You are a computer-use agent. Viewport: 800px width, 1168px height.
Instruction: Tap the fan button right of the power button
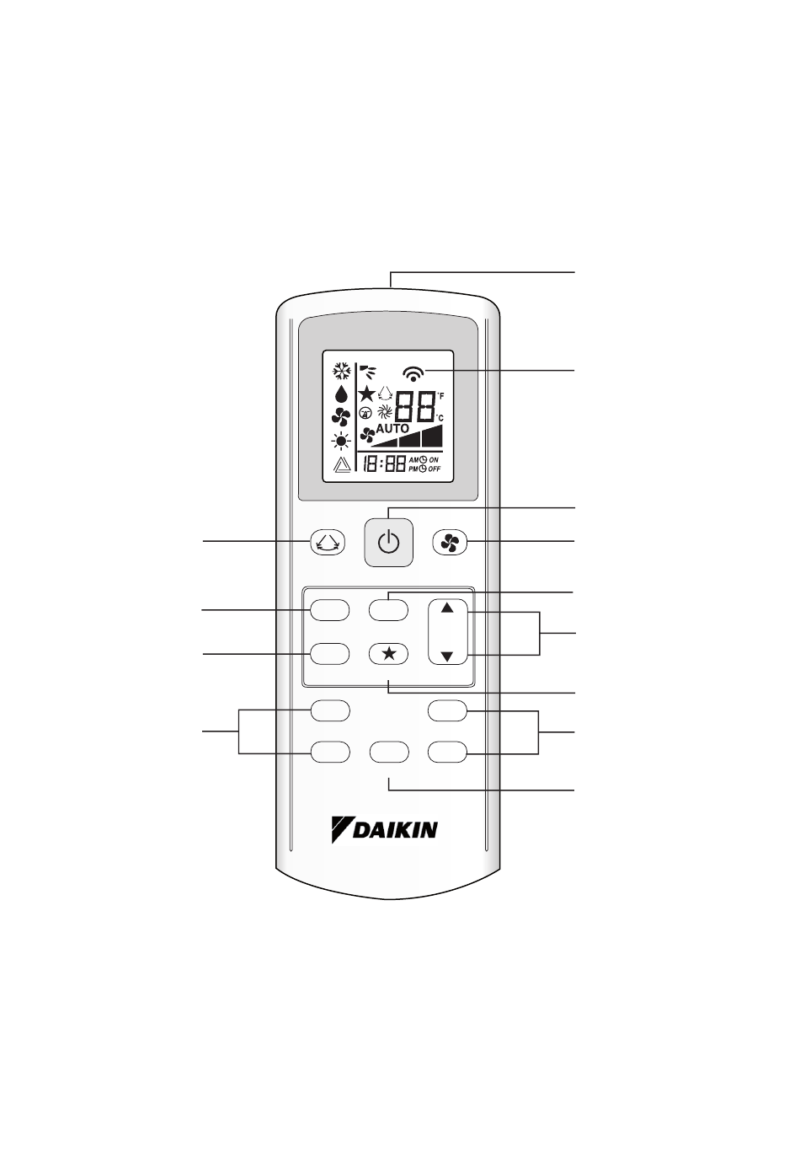click(x=449, y=544)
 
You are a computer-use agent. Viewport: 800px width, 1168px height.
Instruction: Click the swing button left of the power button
click(x=328, y=544)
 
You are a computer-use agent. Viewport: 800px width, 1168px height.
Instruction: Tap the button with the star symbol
click(x=388, y=653)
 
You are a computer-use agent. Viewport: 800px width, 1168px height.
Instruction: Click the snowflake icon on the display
click(x=341, y=371)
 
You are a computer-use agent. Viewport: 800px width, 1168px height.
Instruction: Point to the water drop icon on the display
click(x=341, y=394)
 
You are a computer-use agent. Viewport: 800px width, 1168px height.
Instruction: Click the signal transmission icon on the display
click(x=414, y=372)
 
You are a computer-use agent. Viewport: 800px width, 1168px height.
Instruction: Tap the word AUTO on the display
click(x=392, y=428)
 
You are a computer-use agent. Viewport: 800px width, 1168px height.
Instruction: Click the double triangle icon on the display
click(x=341, y=464)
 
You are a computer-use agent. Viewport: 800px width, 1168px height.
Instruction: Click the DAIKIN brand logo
click(x=384, y=829)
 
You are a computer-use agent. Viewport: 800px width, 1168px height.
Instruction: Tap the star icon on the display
click(x=366, y=394)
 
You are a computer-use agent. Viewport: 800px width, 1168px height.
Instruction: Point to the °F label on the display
click(x=440, y=396)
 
